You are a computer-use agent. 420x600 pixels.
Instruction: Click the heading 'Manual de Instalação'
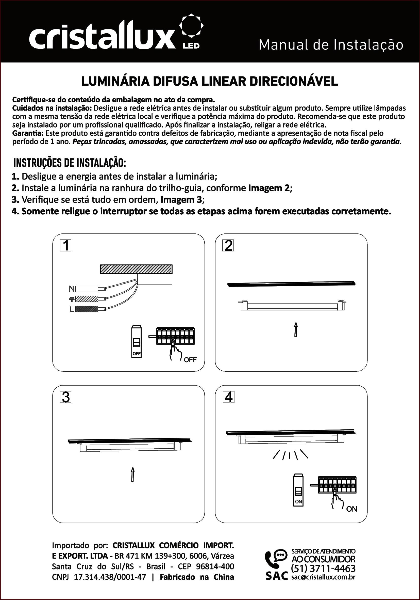coord(331,45)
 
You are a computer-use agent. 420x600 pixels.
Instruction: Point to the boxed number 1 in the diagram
coord(65,246)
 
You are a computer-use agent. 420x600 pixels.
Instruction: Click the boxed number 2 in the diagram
coord(228,246)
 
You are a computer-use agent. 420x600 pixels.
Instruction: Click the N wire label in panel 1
coord(71,289)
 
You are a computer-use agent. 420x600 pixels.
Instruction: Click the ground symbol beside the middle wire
coord(72,299)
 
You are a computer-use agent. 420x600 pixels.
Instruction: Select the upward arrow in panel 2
coord(296,329)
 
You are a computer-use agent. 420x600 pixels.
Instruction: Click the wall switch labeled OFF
coord(137,341)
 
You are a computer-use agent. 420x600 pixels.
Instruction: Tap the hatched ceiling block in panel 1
coord(136,269)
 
